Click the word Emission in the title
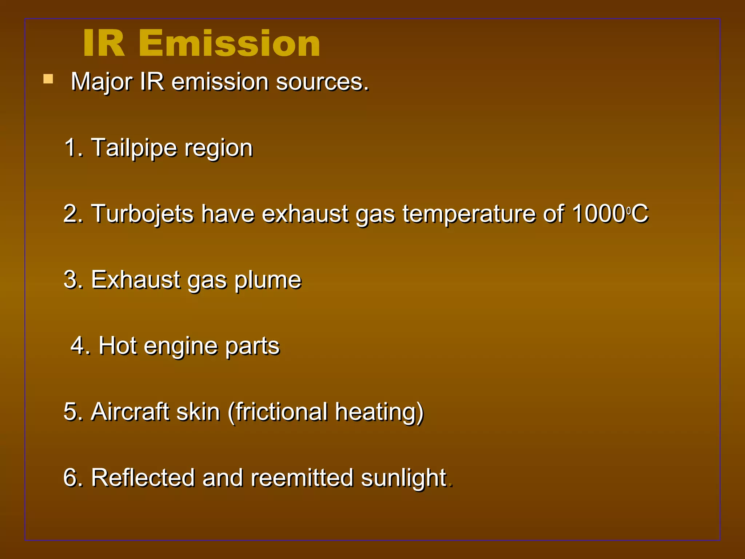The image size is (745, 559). coord(229,44)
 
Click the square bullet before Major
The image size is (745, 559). coord(48,79)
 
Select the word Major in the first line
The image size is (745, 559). coord(101,82)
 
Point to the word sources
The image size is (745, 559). coord(322,82)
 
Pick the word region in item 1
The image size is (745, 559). coord(218,148)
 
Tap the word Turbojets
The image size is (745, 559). coord(142,214)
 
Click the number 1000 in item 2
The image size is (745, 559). coord(598,214)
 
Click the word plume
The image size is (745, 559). coord(268,280)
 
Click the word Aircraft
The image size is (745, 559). coord(130,412)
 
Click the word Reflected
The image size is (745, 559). coord(143,477)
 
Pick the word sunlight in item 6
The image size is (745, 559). coord(404,478)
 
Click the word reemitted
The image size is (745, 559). coord(302,477)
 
